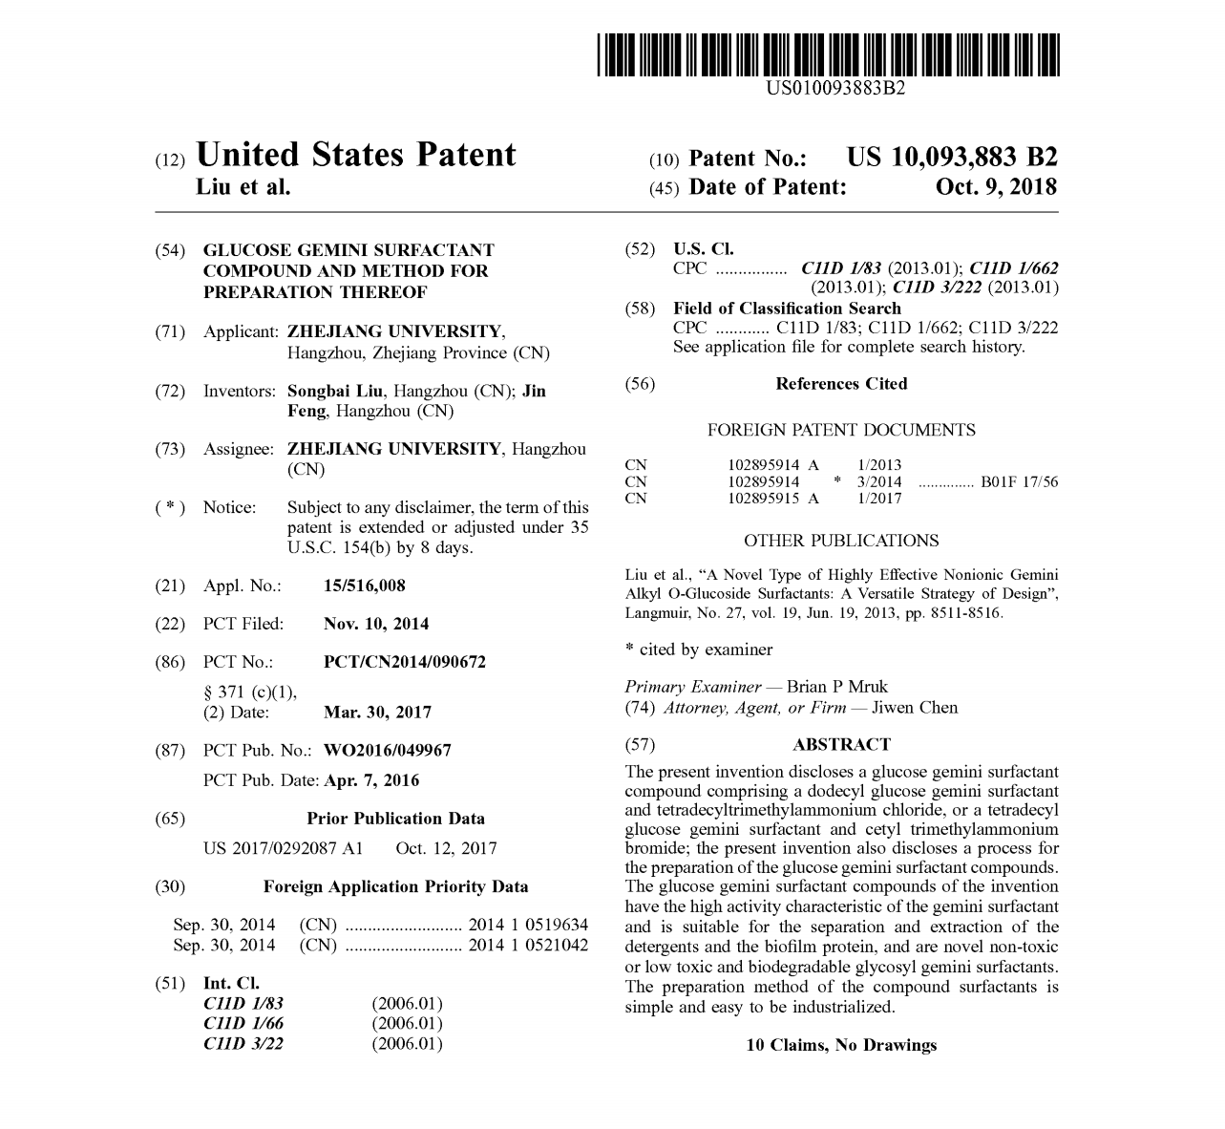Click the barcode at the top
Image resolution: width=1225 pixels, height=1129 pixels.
[x=829, y=54]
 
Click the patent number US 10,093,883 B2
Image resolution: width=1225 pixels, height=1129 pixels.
[x=951, y=158]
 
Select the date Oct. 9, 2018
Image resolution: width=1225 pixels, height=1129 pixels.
[x=996, y=187]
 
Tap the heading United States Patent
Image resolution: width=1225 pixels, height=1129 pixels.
[x=355, y=155]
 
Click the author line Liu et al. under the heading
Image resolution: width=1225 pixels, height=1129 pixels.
[x=243, y=187]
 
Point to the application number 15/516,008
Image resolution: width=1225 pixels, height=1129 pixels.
[x=364, y=586]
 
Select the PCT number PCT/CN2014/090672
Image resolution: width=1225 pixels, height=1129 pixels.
[x=403, y=662]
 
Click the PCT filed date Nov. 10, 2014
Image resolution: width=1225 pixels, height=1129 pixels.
[x=376, y=624]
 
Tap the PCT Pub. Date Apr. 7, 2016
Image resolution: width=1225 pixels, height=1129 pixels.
[x=371, y=780]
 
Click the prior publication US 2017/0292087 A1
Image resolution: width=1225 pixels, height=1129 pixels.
[x=284, y=848]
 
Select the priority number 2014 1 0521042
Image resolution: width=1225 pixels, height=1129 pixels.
[x=528, y=945]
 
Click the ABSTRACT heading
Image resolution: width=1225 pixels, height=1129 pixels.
[x=841, y=745]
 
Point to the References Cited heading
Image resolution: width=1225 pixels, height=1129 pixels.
[x=841, y=384]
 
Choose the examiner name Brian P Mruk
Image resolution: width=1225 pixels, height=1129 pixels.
[x=836, y=687]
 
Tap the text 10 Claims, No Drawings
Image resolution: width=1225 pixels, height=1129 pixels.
[x=841, y=1045]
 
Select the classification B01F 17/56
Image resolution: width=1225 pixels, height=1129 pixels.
[x=1019, y=482]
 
